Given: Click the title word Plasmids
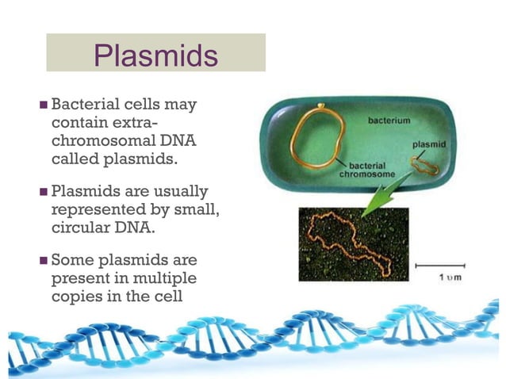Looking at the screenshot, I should (x=155, y=55).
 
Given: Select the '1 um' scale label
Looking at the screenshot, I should (x=449, y=277).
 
